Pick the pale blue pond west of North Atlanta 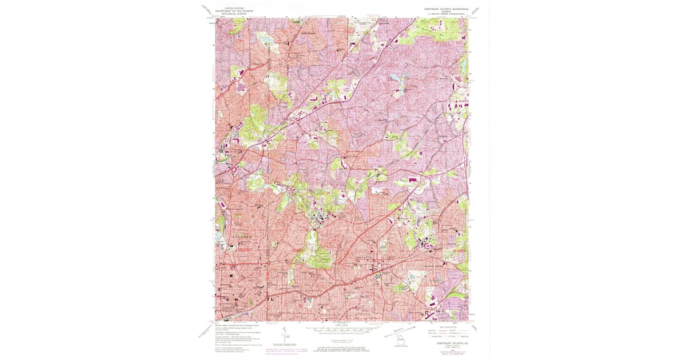tap(262, 40)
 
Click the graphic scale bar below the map tap(343, 330)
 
